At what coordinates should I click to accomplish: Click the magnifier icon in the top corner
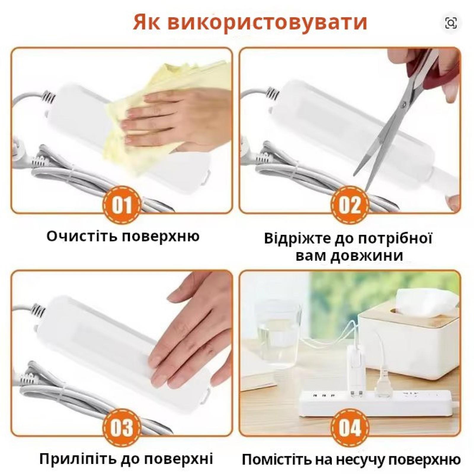[x=451, y=23]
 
